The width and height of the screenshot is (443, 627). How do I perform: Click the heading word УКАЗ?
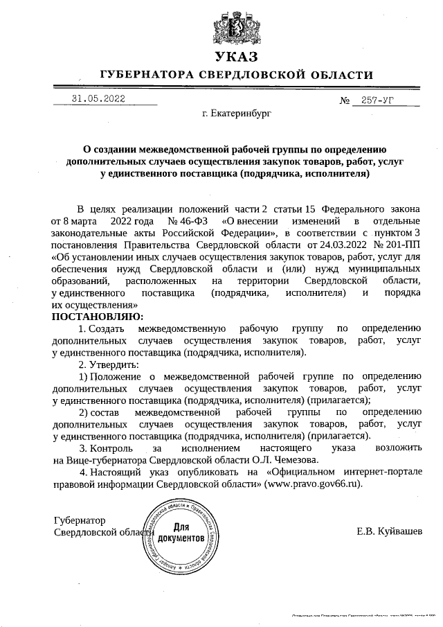coord(236,57)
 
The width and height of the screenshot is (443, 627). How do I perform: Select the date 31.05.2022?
coord(98,99)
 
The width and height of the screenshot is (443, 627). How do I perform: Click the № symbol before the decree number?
coord(344,100)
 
